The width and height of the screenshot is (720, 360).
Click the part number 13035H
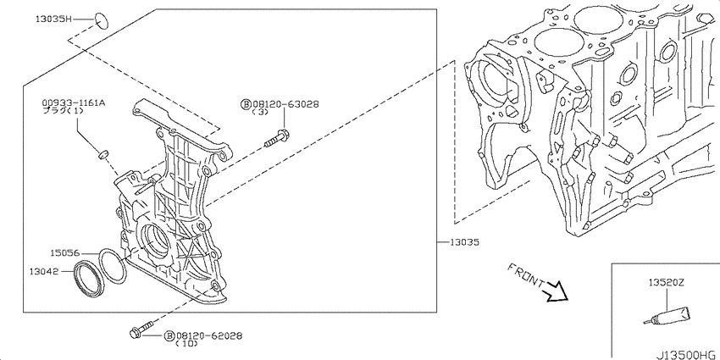tap(53, 19)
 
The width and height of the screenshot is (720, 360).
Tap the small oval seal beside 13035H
tap(102, 21)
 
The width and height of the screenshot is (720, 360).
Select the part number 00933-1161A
tap(74, 103)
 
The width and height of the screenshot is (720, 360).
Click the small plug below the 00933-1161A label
tap(104, 153)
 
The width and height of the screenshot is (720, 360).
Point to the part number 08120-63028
tap(285, 104)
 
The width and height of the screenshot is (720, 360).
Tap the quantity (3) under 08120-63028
tap(260, 113)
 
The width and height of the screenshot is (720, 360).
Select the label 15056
tap(64, 253)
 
